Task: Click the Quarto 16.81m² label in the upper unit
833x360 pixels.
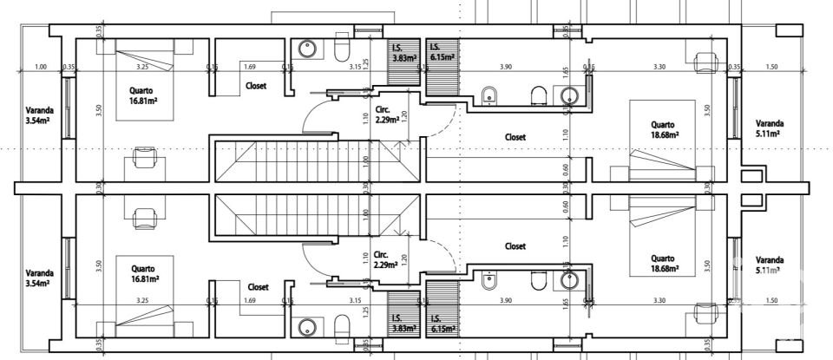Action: pyautogui.click(x=144, y=95)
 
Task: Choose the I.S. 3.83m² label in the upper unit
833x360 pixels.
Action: pyautogui.click(x=403, y=53)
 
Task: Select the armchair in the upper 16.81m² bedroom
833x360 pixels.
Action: pyautogui.click(x=143, y=161)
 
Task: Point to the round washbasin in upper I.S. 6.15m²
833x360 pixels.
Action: pyautogui.click(x=569, y=95)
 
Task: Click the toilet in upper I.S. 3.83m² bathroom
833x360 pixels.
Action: pyautogui.click(x=341, y=49)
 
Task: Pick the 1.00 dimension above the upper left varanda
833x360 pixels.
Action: pyautogui.click(x=40, y=67)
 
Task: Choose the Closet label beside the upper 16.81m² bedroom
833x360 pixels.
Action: pyautogui.click(x=256, y=86)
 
